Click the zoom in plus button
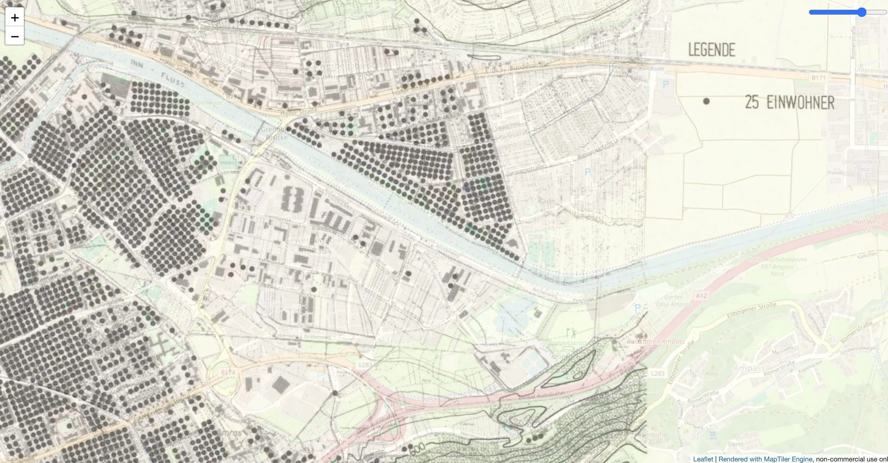pyautogui.click(x=15, y=17)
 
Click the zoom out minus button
pyautogui.click(x=15, y=36)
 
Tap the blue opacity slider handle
pyautogui.click(x=862, y=12)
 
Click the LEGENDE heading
pyautogui.click(x=711, y=50)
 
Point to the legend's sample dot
pyautogui.click(x=706, y=101)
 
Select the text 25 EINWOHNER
pyautogui.click(x=789, y=103)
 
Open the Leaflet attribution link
pyautogui.click(x=703, y=459)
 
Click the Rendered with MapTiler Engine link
pyautogui.click(x=765, y=459)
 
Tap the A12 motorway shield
pyautogui.click(x=701, y=296)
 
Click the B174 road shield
pyautogui.click(x=228, y=373)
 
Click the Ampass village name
pyautogui.click(x=749, y=368)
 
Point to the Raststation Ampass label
pyautogui.click(x=656, y=341)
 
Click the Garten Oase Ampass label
pyautogui.click(x=673, y=301)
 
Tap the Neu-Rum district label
pyautogui.click(x=552, y=94)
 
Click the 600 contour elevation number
pyautogui.click(x=418, y=449)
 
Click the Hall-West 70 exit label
pyautogui.click(x=867, y=225)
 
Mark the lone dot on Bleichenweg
pyautogui.click(x=335, y=393)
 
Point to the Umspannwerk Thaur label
pyautogui.click(x=861, y=165)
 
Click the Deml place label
pyautogui.click(x=735, y=444)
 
